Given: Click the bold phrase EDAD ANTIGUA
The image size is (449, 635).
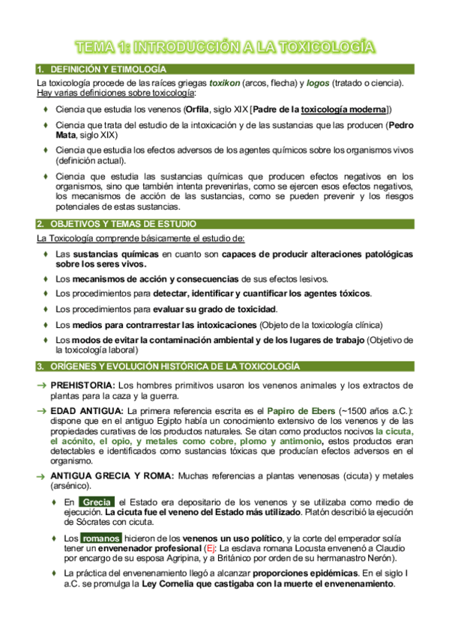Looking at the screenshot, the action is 87,411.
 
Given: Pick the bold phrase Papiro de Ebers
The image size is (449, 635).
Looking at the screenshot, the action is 303,411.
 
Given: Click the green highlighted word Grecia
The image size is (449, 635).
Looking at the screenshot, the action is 97,502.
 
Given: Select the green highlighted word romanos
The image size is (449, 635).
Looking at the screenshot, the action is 101,538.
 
